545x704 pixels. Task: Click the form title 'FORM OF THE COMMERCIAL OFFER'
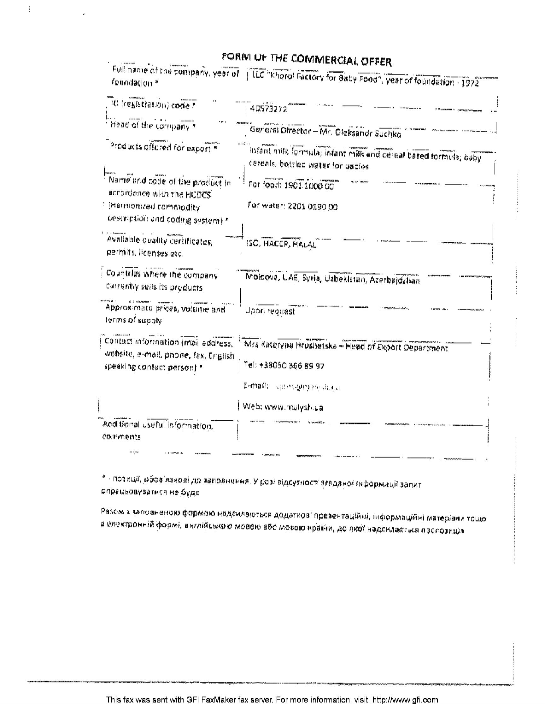pyautogui.click(x=306, y=60)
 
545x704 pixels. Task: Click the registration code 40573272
pyautogui.click(x=268, y=109)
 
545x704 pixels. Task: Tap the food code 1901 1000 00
pyautogui.click(x=309, y=186)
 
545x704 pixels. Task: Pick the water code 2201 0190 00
pyautogui.click(x=312, y=207)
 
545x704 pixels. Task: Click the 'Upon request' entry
pyautogui.click(x=270, y=311)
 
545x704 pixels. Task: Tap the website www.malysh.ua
pyautogui.click(x=293, y=407)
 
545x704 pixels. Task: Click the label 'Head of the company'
pyautogui.click(x=153, y=126)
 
